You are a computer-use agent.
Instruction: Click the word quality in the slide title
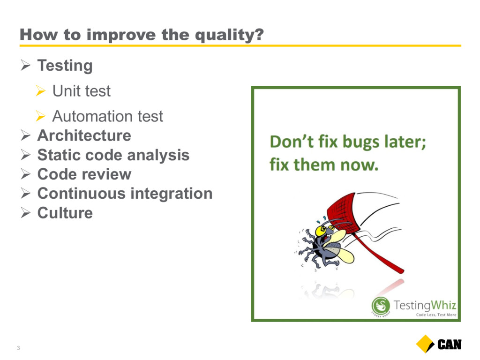pos(229,35)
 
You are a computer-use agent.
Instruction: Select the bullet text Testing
pos(65,66)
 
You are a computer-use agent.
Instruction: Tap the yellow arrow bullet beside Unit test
pos(40,90)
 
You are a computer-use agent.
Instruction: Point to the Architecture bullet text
pos(84,135)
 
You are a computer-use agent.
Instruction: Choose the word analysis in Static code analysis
pos(158,155)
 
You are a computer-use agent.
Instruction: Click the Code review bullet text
pos(84,174)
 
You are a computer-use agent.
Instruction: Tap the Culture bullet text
pos(65,213)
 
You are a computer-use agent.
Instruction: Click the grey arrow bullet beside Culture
pos(26,212)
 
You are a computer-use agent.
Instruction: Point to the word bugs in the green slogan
pos(360,142)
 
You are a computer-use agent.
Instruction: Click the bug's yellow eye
pos(321,231)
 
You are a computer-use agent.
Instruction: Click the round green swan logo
pos(381,306)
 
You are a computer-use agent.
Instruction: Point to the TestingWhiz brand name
pos(425,305)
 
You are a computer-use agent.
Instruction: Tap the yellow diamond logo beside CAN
pos(425,344)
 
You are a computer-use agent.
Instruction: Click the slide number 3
pos(18,348)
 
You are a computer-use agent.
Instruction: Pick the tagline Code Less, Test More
pos(436,315)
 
